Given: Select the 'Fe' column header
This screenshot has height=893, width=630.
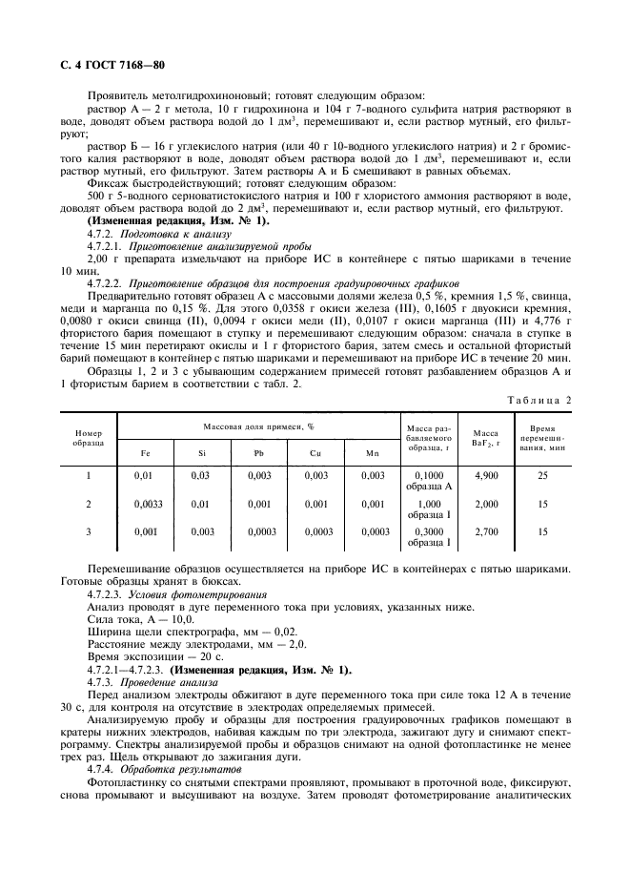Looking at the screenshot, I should click(x=145, y=453).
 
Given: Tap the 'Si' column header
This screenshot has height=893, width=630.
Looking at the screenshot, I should click(x=201, y=453).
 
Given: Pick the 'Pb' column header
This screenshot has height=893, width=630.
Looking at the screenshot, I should click(x=259, y=453).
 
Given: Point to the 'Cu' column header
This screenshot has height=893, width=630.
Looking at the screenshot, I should click(x=316, y=453).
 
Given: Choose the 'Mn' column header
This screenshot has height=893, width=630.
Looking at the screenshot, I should click(x=373, y=453).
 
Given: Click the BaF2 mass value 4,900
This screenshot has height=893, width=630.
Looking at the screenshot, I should click(x=485, y=474).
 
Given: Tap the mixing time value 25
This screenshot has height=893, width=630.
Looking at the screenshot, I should click(x=543, y=474).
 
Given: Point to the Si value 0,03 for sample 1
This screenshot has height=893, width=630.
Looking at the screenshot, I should click(x=200, y=474).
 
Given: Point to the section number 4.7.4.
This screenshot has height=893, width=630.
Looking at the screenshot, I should click(x=100, y=768).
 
